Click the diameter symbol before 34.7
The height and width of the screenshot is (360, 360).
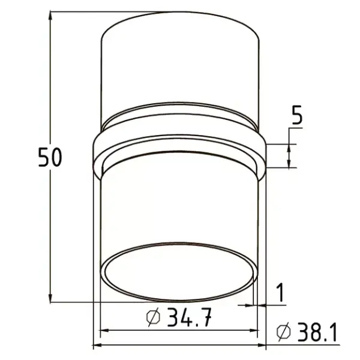coord(154,317)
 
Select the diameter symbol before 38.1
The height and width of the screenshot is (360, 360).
coord(284,332)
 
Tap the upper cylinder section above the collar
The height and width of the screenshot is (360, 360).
coord(180,66)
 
